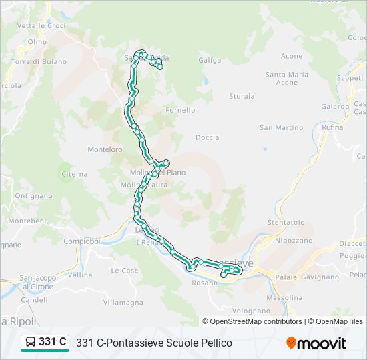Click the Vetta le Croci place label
tap(41, 25)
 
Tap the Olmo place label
tap(37, 41)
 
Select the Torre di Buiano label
tap(39, 62)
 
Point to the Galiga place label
tap(210, 60)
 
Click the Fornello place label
tap(180, 110)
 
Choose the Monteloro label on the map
tap(105, 150)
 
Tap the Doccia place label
tap(207, 138)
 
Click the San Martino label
tap(281, 127)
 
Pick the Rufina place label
tap(332, 127)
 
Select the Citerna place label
tap(74, 174)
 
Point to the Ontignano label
tap(33, 196)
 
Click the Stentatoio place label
tap(286, 222)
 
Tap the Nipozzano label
tap(293, 240)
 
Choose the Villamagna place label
tap(123, 302)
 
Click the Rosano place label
tap(206, 283)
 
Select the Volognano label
tap(251, 311)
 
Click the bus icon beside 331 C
tap(31, 343)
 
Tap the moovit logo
tap(316, 343)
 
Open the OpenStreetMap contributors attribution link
tap(255, 321)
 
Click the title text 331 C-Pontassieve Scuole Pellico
tap(154, 343)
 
